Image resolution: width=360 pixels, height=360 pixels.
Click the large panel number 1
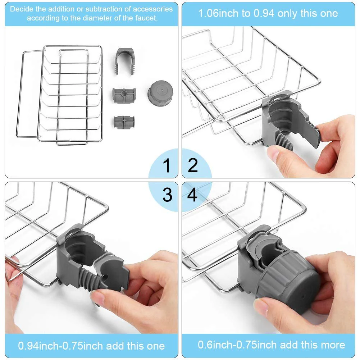167,165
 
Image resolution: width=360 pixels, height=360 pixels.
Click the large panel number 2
193,165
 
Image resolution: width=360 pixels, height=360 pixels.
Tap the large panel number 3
167,195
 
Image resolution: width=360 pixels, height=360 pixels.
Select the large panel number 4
192,195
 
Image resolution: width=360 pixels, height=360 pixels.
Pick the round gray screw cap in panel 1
160,94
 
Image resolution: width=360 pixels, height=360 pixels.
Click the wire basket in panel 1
60,95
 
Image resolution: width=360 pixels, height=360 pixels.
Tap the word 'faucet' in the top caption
146,18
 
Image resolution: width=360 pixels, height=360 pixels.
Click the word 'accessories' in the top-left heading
153,9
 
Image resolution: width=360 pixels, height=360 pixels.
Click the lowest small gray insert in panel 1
124,122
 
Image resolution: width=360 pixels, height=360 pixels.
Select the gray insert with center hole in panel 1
124,95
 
